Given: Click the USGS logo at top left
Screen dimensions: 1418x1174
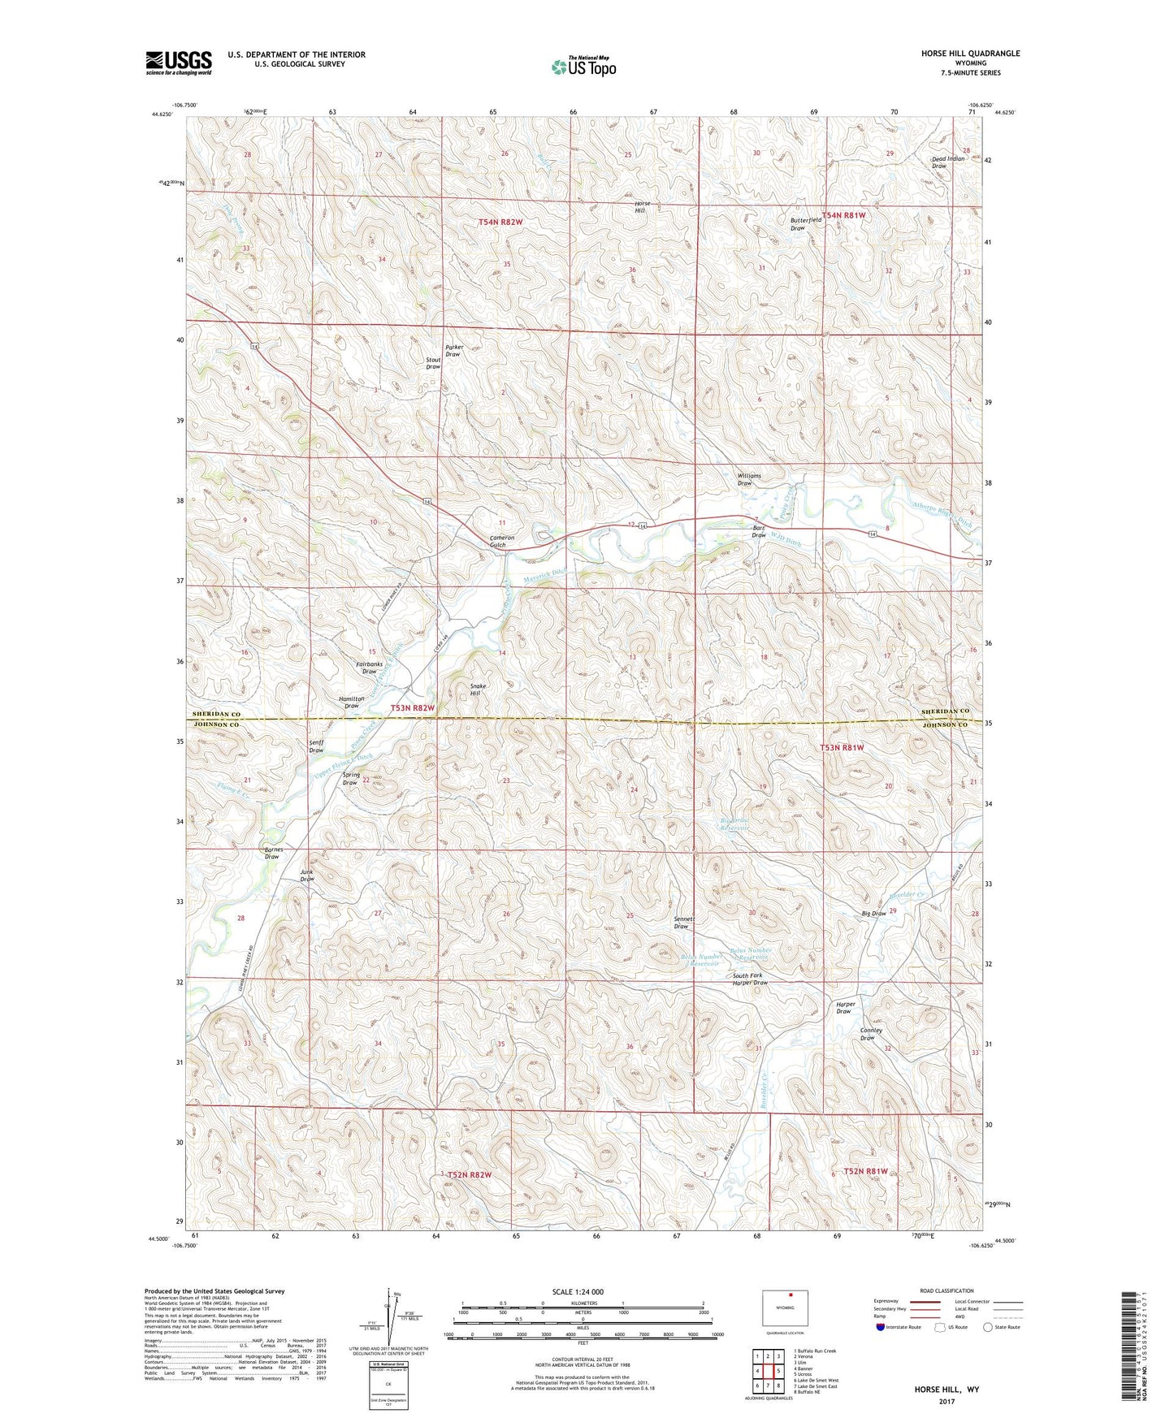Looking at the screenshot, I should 179,63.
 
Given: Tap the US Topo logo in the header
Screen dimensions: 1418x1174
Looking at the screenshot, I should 583,67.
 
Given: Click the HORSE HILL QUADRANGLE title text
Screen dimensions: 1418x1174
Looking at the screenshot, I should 971,54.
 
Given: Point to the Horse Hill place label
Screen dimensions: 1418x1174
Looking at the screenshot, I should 641,206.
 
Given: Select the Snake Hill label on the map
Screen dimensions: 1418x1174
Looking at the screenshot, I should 479,690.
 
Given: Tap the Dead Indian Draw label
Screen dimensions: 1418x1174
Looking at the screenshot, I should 947,162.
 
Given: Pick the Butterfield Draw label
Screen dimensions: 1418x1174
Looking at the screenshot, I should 806,224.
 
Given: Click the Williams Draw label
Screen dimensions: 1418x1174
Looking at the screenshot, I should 748,479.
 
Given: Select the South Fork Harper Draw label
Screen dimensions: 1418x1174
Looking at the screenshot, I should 749,979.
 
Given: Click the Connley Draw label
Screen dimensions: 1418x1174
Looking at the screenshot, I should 870,1034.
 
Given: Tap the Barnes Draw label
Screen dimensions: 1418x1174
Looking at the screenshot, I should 273,853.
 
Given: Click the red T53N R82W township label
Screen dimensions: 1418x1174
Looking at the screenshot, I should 413,708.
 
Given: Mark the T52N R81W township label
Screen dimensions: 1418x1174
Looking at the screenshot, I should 864,1171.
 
